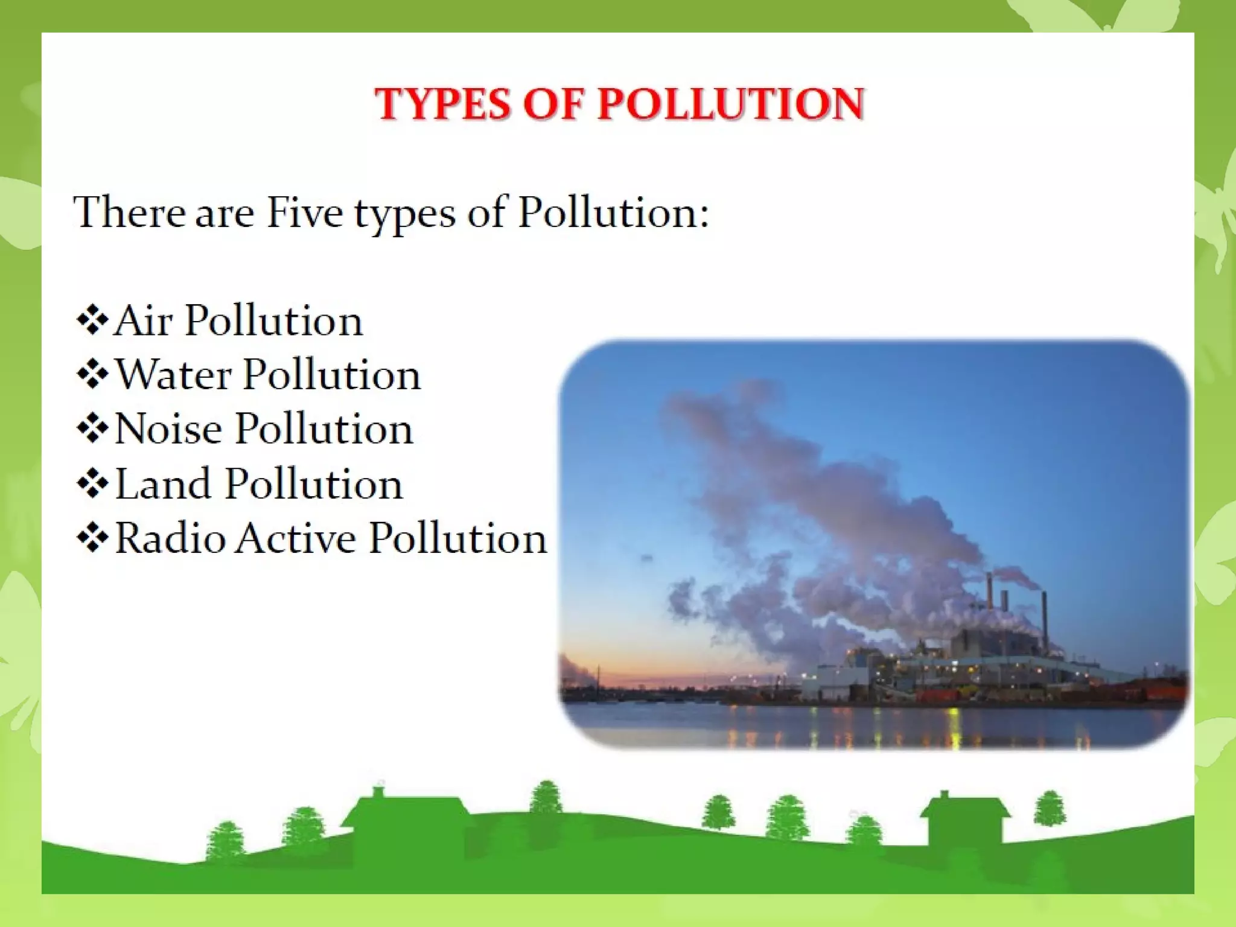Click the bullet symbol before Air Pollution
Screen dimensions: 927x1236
click(92, 320)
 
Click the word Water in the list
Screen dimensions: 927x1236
click(174, 375)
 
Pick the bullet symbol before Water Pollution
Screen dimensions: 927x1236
click(92, 375)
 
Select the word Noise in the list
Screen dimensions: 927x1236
click(168, 429)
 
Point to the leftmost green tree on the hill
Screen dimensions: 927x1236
click(226, 839)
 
